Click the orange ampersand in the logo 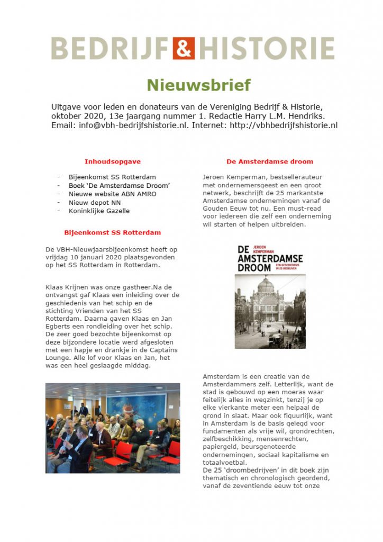click(x=184, y=48)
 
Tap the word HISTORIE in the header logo click(x=266, y=48)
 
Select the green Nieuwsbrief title click(x=198, y=85)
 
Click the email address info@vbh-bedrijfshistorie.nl click(x=131, y=125)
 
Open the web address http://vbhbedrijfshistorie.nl click(x=281, y=125)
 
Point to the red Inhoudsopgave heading click(x=113, y=161)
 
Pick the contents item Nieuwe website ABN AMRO click(x=112, y=194)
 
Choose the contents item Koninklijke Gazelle click(x=99, y=211)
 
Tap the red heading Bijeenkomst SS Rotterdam click(x=113, y=232)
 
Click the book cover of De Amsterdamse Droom click(x=270, y=296)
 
